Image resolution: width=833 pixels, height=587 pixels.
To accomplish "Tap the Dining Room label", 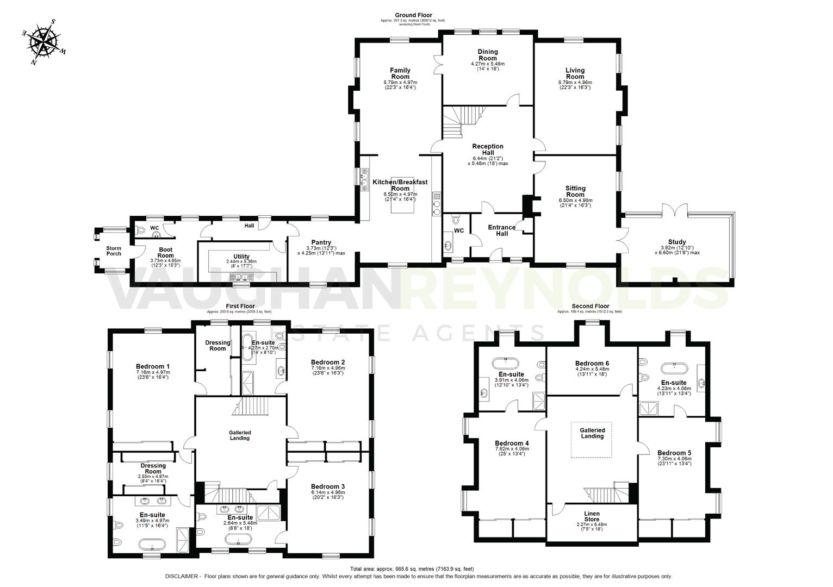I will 488,55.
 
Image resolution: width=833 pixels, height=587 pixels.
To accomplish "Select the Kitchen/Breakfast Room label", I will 400,185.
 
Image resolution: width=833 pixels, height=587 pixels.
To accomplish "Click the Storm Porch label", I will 114,251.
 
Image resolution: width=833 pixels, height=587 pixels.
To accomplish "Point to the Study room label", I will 677,242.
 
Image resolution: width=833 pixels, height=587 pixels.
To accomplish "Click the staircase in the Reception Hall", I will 461,121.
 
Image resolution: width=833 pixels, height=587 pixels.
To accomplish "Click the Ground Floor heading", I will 413,15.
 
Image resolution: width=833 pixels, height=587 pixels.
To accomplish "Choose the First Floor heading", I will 240,307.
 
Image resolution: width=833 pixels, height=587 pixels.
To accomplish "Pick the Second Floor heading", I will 590,306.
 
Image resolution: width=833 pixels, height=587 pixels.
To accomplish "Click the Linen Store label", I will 592,516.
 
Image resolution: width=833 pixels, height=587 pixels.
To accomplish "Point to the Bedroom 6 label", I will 592,363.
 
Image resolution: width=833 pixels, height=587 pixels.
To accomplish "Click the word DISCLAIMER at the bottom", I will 182,577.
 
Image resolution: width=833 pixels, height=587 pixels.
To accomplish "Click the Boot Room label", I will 165,252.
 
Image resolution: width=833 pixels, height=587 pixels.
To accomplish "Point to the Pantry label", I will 321,242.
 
